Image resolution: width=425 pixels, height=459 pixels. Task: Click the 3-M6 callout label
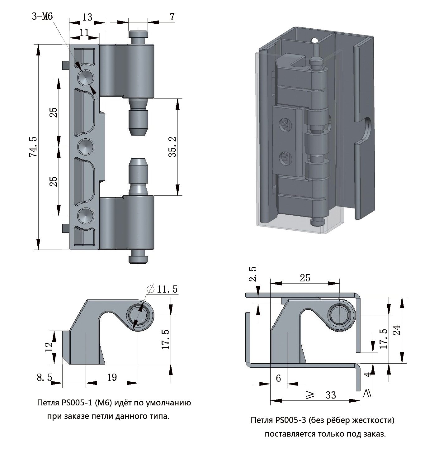(x=43, y=17)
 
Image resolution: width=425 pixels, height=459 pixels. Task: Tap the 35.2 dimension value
(x=172, y=147)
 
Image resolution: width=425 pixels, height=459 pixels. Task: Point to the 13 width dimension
(x=87, y=17)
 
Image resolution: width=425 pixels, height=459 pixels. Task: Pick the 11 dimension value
(x=84, y=32)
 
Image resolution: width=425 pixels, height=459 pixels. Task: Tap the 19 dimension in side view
(x=112, y=377)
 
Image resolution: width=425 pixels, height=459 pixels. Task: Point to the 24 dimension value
(x=396, y=330)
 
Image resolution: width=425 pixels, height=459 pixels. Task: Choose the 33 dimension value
(x=331, y=395)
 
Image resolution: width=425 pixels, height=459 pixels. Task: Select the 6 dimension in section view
(x=278, y=378)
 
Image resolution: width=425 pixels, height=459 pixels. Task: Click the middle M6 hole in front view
(x=86, y=146)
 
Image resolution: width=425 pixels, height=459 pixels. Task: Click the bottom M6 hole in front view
(x=86, y=215)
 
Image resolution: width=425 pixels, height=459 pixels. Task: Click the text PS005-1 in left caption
(x=75, y=403)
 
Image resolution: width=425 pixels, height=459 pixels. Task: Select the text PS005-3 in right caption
(x=289, y=420)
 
